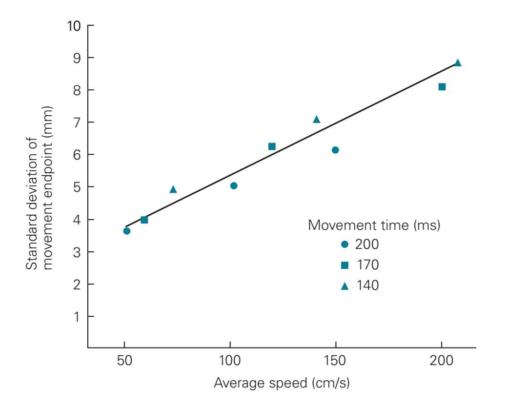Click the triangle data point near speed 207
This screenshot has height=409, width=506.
[x=458, y=63]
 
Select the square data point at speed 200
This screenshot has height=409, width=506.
[x=442, y=87]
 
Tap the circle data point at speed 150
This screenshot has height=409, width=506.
[x=335, y=150]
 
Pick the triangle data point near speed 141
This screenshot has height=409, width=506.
[x=316, y=120]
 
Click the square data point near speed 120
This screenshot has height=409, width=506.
[x=272, y=146]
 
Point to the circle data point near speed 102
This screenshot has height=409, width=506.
[x=234, y=185]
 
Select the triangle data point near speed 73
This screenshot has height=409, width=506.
[x=173, y=189]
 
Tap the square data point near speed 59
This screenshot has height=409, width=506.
[x=144, y=220]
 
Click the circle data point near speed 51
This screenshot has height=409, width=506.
[x=127, y=231]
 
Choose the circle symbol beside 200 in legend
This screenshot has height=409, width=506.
[x=344, y=244]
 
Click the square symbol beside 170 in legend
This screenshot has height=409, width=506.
[x=344, y=265]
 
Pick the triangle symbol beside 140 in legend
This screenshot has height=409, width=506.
[x=344, y=286]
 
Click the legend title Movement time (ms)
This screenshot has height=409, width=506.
[x=375, y=225]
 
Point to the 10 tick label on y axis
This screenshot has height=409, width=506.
[x=73, y=25]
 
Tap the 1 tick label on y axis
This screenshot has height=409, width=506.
[x=77, y=316]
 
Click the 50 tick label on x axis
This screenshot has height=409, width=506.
[x=124, y=363]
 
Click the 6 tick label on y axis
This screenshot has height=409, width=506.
[x=77, y=155]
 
